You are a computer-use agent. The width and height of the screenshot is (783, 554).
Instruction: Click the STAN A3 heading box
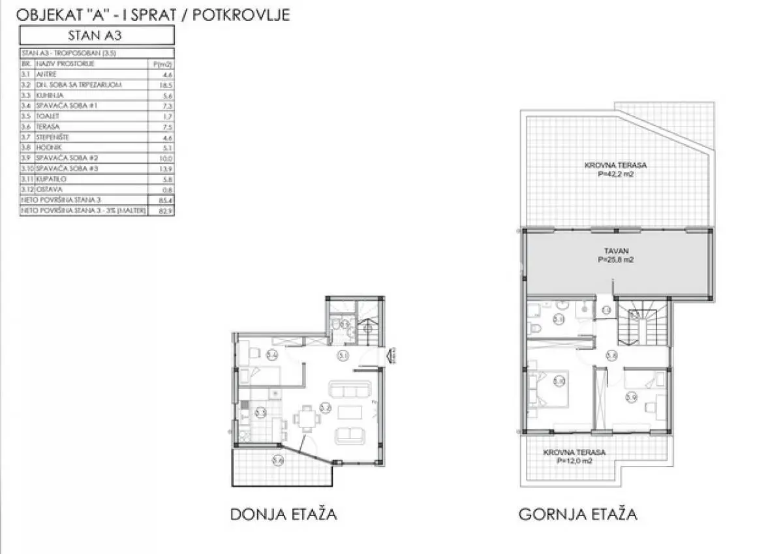pyautogui.click(x=97, y=35)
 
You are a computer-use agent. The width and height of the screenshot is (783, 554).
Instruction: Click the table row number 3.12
pyautogui.click(x=27, y=190)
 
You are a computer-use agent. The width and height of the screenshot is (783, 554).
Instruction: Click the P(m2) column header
pyautogui.click(x=161, y=64)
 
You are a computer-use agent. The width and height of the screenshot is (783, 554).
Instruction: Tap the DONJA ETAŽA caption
pyautogui.click(x=283, y=514)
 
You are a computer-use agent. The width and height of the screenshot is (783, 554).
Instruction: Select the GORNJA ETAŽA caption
pyautogui.click(x=577, y=514)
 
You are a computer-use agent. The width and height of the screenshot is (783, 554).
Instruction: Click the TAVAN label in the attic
pyautogui.click(x=616, y=250)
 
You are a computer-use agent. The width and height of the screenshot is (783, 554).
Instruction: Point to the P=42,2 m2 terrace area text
pyautogui.click(x=616, y=174)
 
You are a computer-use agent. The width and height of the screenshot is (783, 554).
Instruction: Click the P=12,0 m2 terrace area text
pyautogui.click(x=575, y=461)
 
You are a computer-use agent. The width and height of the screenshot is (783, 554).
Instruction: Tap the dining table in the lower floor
pyautogui.click(x=306, y=417)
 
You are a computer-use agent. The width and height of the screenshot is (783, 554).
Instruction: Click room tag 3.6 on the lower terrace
pyautogui.click(x=278, y=460)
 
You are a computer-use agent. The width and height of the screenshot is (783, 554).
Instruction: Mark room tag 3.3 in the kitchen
pyautogui.click(x=260, y=412)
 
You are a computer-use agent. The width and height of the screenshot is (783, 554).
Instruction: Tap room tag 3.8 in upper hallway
pyautogui.click(x=611, y=356)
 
